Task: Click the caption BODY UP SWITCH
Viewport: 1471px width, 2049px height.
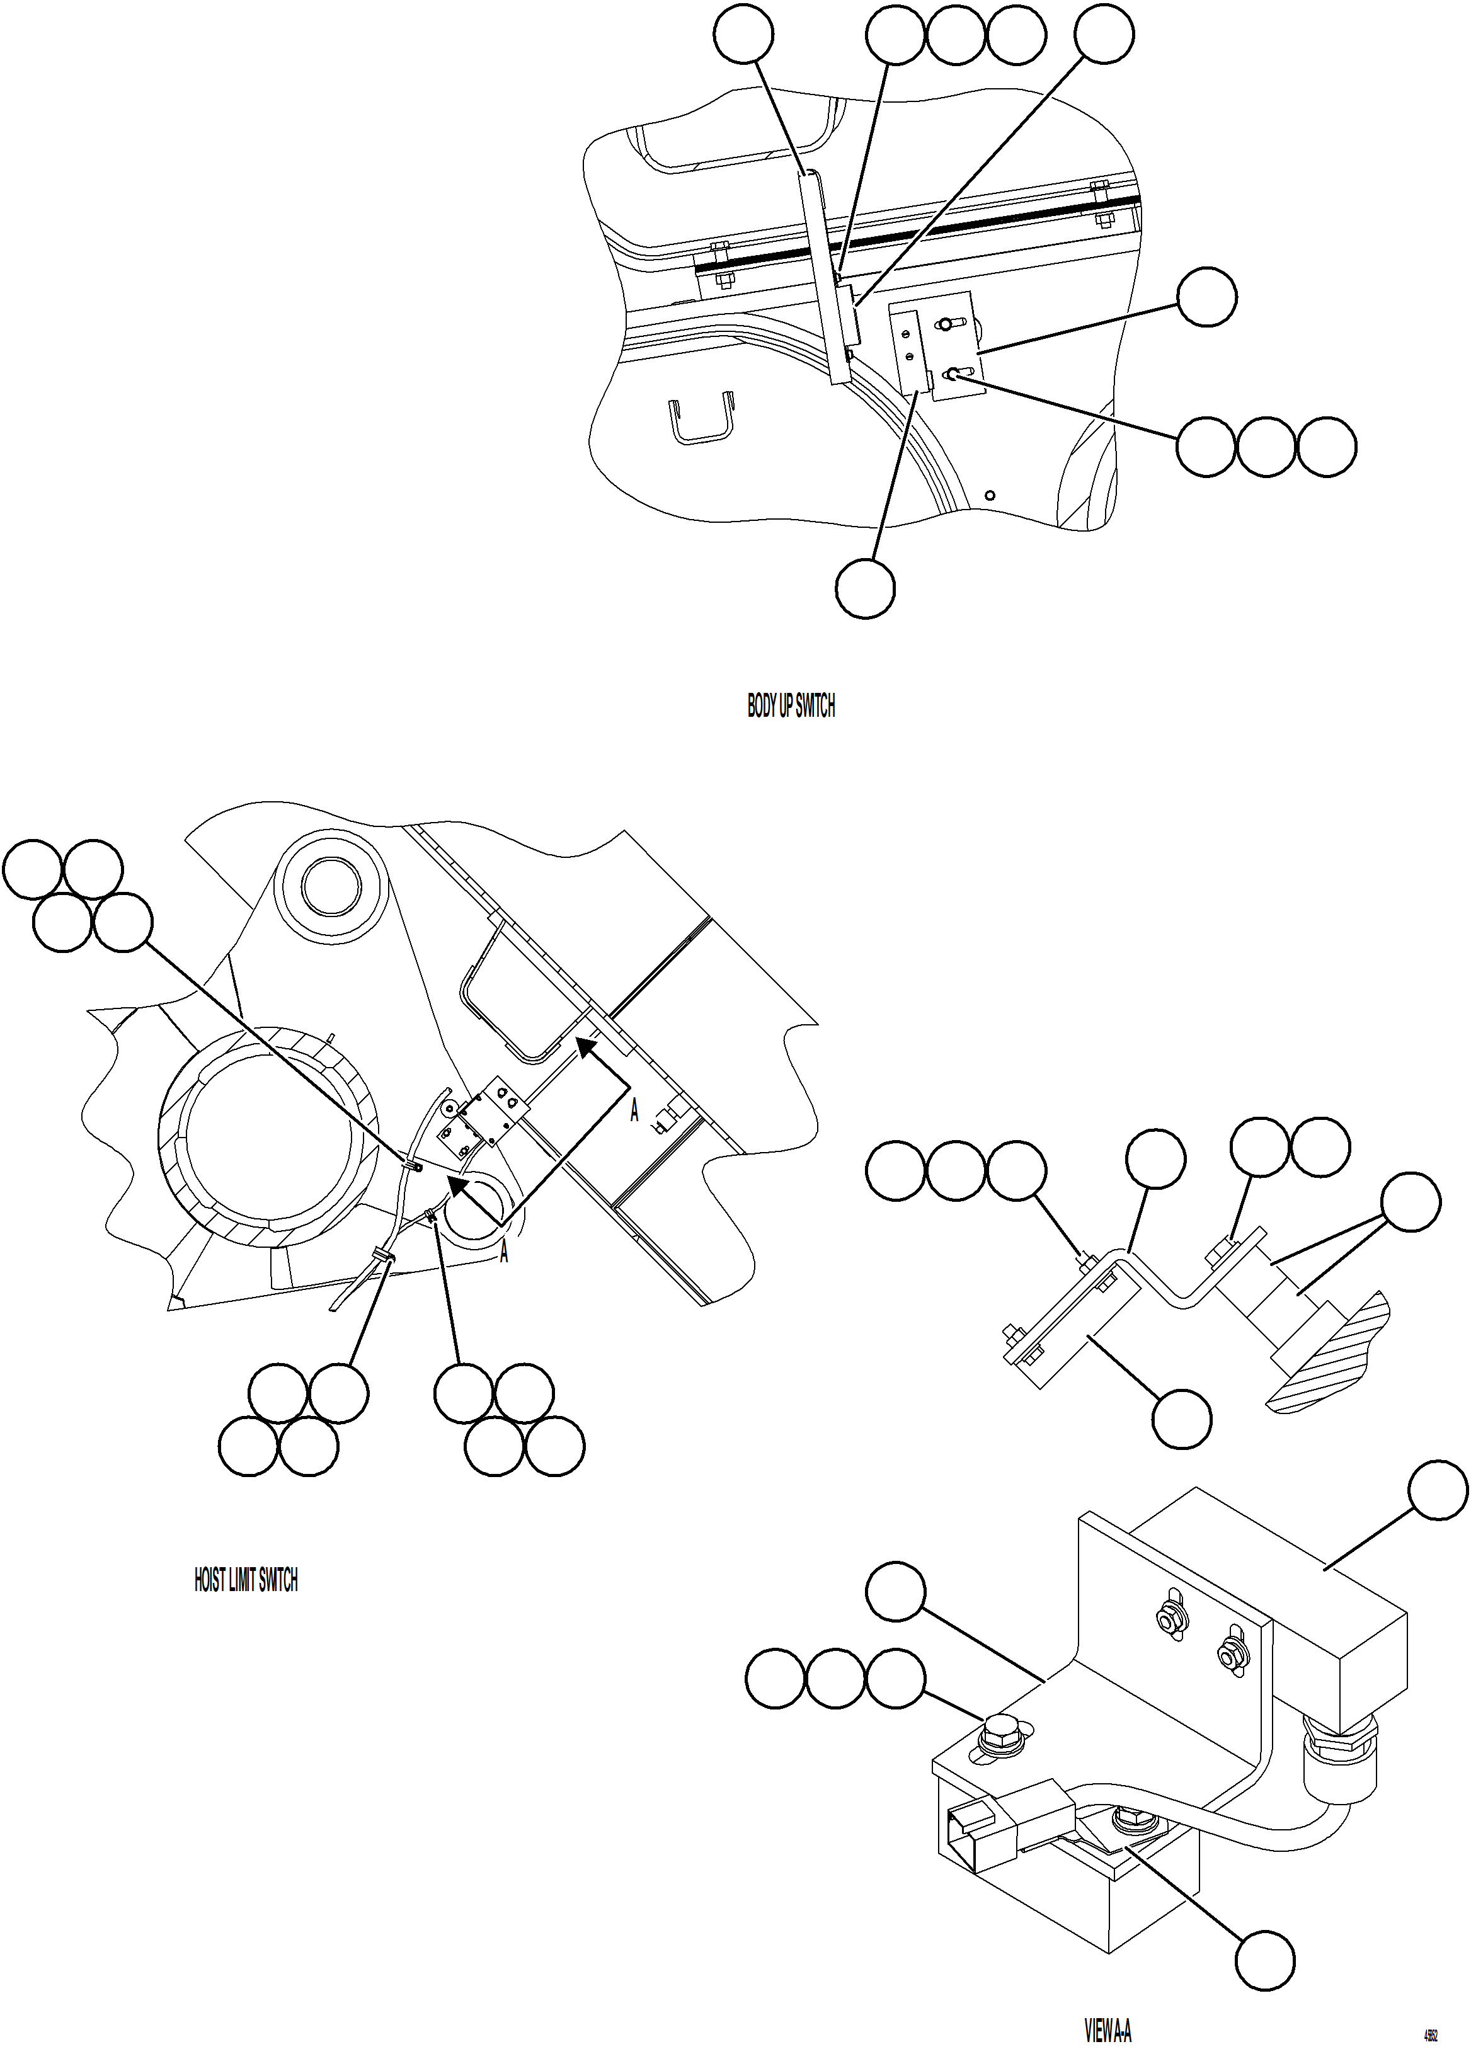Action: pos(791,707)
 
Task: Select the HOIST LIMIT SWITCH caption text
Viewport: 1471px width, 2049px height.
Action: pos(246,1580)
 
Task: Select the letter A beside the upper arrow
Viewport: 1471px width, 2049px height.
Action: pos(634,1113)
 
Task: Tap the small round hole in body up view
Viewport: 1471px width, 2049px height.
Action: pos(990,494)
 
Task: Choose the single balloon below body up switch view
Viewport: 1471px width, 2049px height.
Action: pos(866,588)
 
